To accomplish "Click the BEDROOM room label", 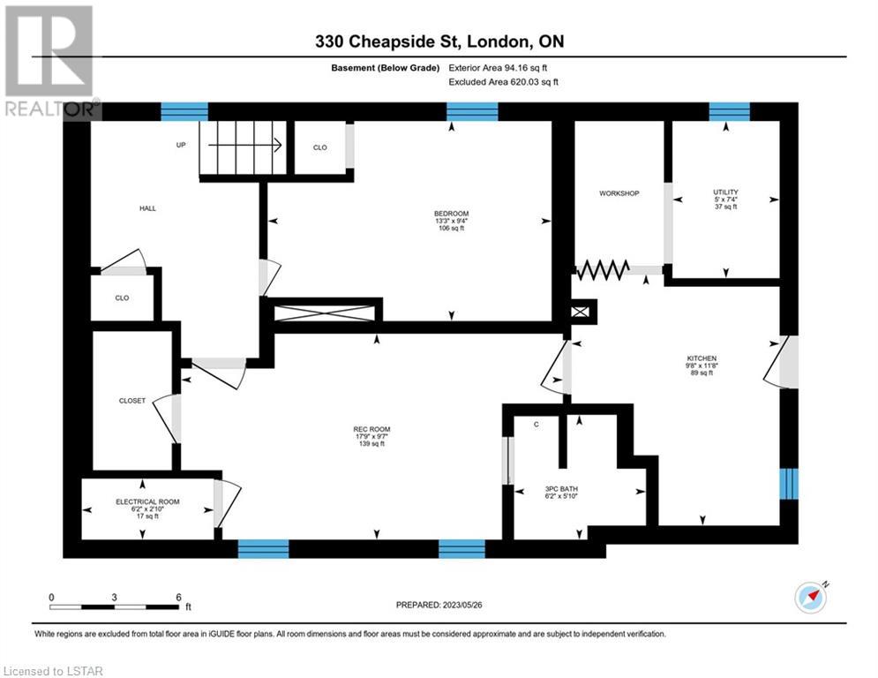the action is pos(451,214).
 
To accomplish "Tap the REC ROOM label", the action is pos(371,429).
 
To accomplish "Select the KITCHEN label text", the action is pos(702,358).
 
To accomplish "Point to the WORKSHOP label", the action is pos(619,193).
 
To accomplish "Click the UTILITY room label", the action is pos(725,192).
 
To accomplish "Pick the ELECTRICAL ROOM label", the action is pos(148,501).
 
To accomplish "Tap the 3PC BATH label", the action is pos(561,488).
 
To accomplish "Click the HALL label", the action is pos(148,208).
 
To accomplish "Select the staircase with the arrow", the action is pos(243,147).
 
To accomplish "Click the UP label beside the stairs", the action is pos(181,145).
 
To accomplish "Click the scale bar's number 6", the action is pos(178,598).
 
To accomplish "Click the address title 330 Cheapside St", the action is pos(386,41).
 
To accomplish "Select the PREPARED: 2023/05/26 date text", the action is pos(439,605).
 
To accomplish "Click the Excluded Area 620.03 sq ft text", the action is pos(503,82).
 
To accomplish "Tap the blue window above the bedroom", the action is pos(472,111).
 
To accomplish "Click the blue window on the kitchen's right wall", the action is pos(789,484).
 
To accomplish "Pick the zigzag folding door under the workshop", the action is pos(603,269).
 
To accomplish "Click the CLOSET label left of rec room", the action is pos(132,401).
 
